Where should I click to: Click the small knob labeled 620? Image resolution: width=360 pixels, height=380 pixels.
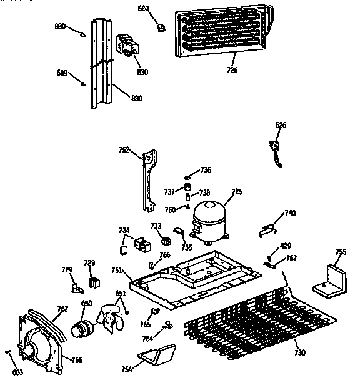161,28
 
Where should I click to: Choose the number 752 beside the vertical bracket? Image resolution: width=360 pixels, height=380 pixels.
124,149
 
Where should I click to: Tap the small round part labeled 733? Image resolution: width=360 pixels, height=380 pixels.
166,240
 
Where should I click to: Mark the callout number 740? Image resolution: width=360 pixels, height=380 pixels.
289,213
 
